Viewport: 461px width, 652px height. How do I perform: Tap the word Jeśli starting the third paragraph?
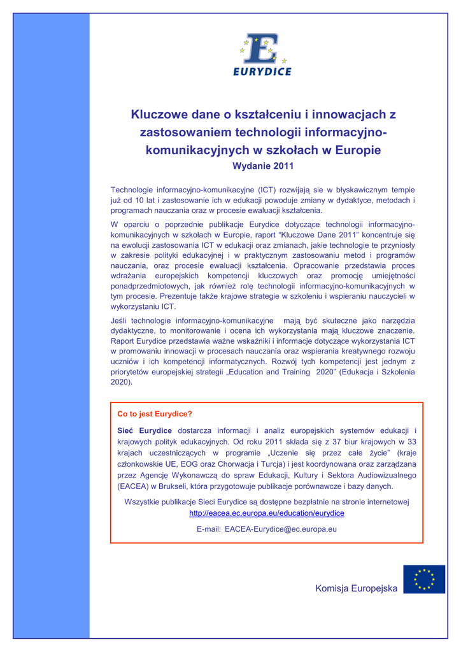click(x=120, y=322)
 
